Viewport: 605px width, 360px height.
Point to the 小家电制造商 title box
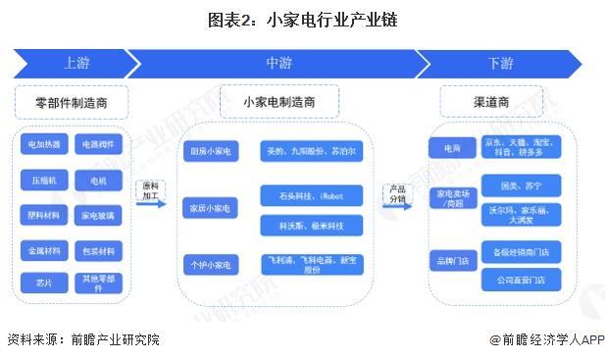point(279,102)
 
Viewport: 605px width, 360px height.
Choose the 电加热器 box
point(43,145)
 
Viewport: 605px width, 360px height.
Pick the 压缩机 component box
point(43,180)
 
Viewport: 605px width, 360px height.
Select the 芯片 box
point(43,283)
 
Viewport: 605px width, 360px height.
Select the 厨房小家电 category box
point(210,151)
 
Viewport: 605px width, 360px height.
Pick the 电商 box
point(452,146)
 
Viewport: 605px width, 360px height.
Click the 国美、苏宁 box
point(522,184)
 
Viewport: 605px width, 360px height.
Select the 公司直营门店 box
point(522,280)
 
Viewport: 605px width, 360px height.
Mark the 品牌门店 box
point(452,260)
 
